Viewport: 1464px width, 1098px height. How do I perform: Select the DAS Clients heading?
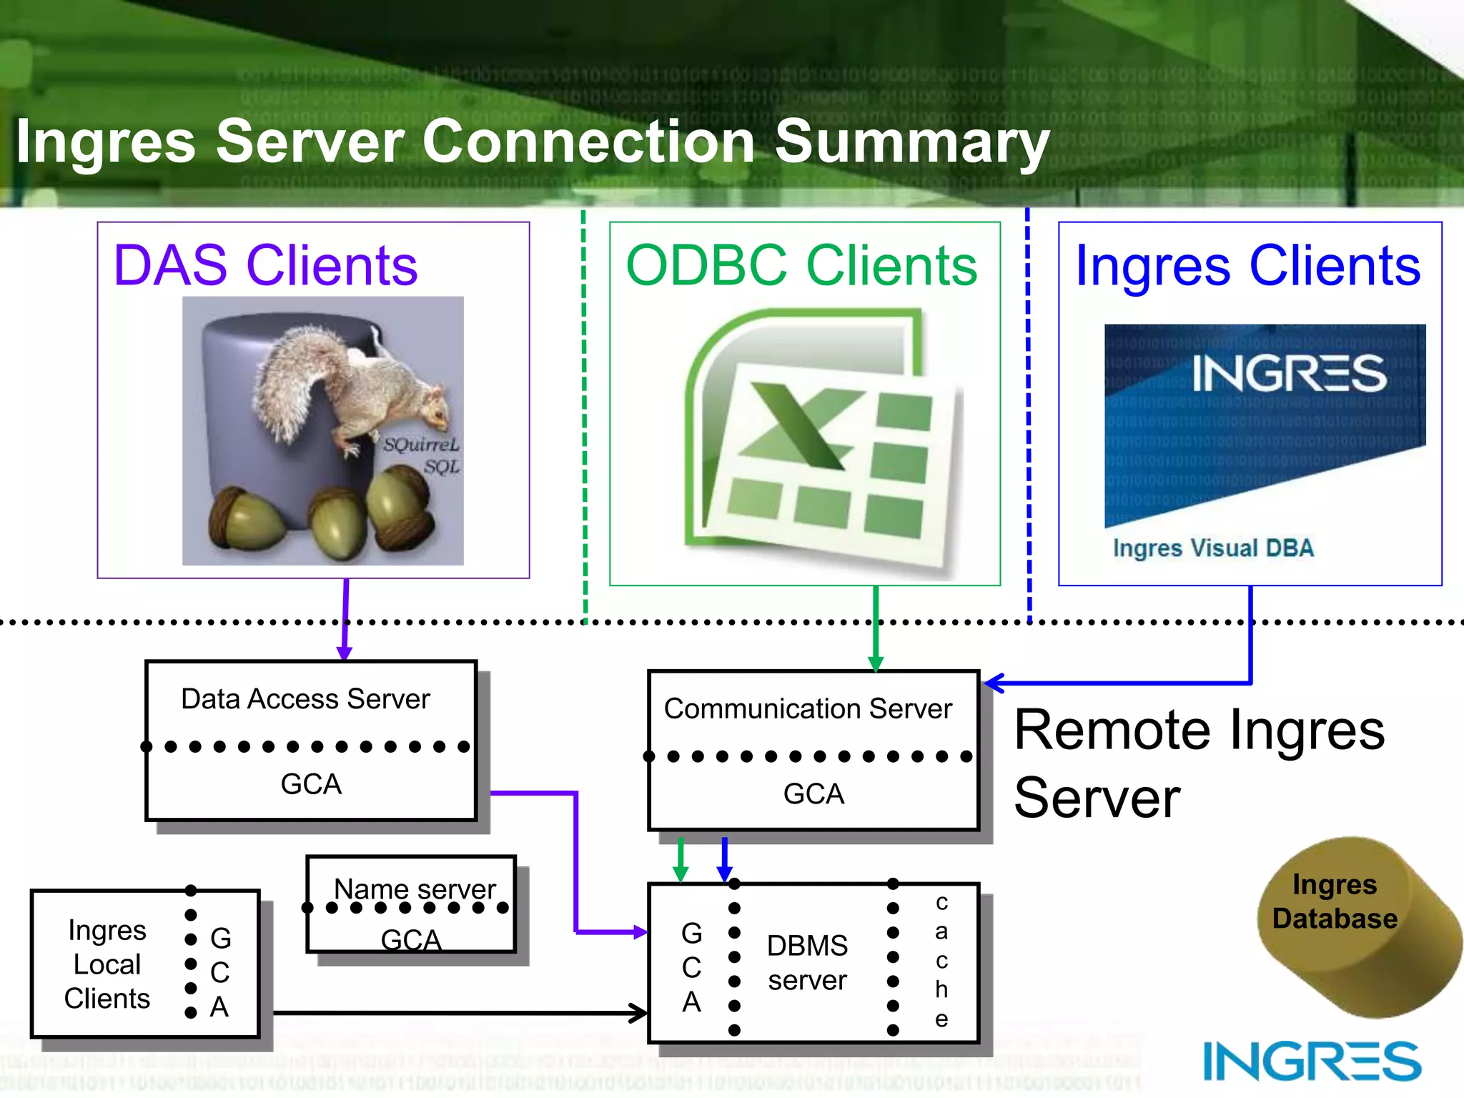click(x=265, y=266)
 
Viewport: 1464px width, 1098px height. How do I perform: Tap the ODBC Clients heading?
click(x=801, y=266)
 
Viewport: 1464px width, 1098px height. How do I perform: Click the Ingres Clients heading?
click(x=1248, y=266)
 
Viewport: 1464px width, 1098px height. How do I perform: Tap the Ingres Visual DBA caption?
click(x=1213, y=548)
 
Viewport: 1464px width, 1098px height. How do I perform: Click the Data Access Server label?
click(x=305, y=699)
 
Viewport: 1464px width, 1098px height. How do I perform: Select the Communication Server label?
click(x=808, y=709)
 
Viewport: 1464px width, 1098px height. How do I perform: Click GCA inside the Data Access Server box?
click(x=311, y=784)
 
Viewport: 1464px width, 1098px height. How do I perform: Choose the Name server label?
click(x=415, y=889)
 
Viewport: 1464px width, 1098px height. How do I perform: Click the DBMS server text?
click(x=807, y=963)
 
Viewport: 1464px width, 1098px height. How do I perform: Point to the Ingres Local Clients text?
click(x=107, y=964)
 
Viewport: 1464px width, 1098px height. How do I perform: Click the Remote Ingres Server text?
click(x=1199, y=763)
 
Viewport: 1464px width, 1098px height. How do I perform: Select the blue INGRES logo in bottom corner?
click(x=1312, y=1062)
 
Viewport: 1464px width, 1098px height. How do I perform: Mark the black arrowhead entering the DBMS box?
click(x=639, y=1013)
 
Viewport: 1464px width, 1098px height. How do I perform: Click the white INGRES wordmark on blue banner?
click(x=1288, y=373)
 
